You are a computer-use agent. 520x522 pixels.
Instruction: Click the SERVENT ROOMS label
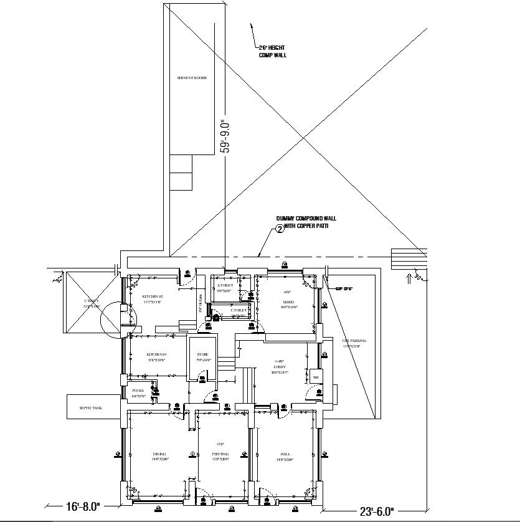pos(192,78)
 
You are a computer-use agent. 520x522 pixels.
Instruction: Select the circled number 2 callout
pos(280,229)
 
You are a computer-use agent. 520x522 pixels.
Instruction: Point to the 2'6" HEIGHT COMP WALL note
pos(272,52)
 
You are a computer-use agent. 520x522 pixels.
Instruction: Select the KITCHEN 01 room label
pos(156,357)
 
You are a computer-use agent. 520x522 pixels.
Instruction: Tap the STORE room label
pos(202,357)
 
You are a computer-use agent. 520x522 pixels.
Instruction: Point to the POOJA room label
pos(138,393)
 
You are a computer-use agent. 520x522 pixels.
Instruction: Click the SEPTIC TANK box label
pos(90,407)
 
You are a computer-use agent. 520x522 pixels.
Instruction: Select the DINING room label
pos(158,456)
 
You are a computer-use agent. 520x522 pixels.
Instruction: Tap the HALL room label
pos(285,456)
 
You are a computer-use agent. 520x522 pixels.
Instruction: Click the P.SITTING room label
pos(220,456)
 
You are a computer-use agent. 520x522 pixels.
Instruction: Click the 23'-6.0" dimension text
pos(376,511)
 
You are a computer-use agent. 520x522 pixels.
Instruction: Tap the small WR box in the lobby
pos(316,377)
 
